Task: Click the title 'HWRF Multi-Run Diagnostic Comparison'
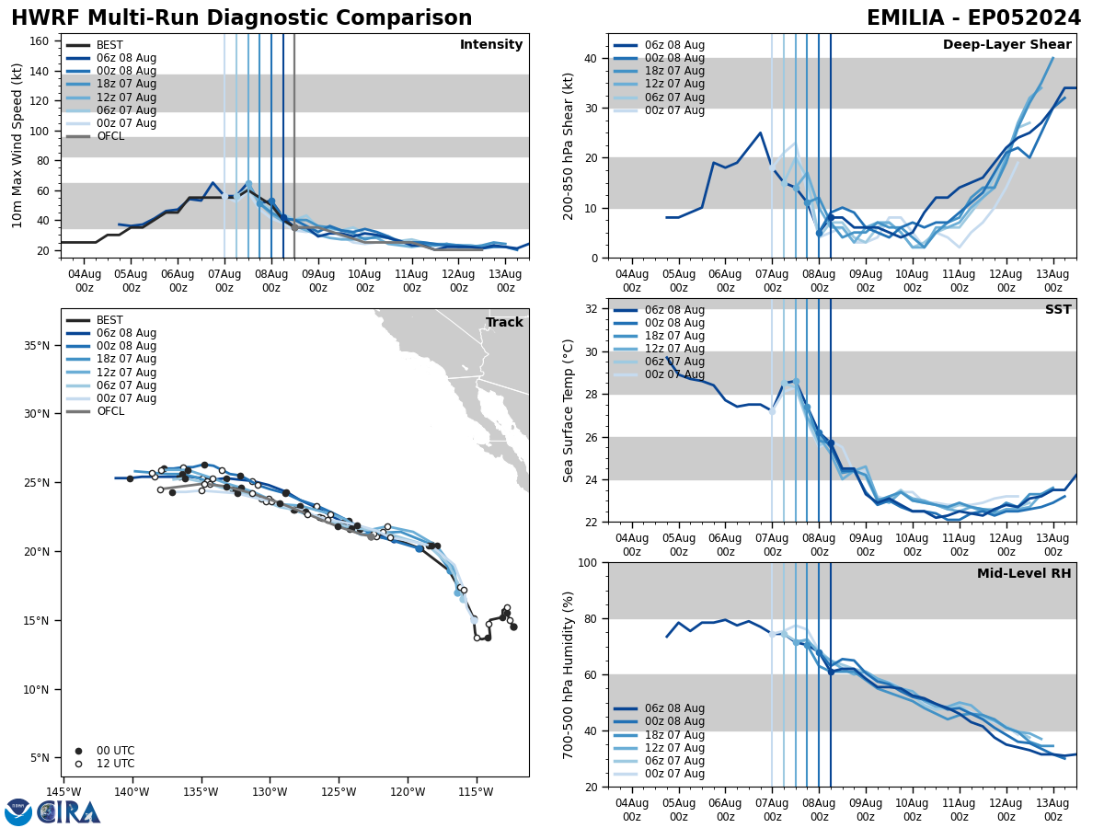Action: click(241, 18)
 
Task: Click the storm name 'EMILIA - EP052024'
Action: click(973, 18)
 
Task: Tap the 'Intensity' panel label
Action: click(491, 45)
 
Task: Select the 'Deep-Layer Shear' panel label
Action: click(1006, 45)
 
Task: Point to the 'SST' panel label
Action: click(1057, 310)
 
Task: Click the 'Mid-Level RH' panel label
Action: click(1024, 574)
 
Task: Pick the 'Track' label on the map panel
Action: click(504, 323)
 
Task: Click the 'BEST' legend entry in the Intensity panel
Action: click(109, 45)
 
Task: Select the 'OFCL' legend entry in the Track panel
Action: click(109, 411)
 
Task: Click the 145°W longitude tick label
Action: click(63, 792)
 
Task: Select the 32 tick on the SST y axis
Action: click(592, 309)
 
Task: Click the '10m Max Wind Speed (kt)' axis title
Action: click(17, 145)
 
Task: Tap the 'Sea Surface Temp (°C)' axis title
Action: click(569, 410)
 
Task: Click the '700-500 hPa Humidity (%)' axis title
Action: click(569, 674)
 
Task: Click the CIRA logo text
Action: click(69, 811)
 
